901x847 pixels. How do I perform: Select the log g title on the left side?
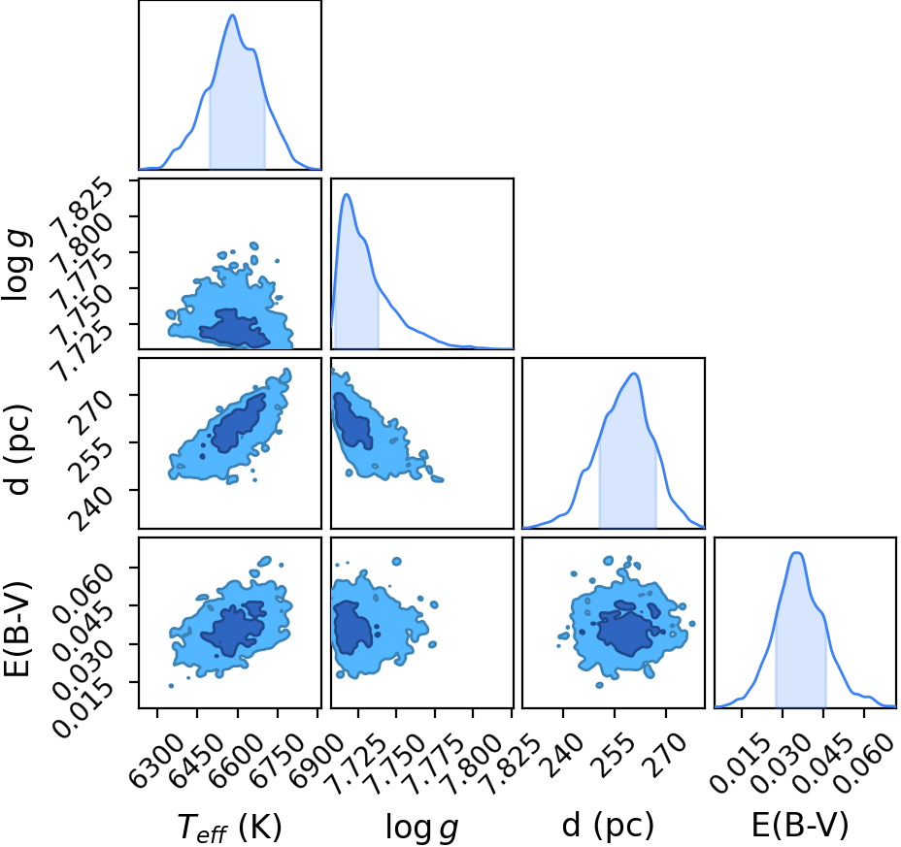coord(17,264)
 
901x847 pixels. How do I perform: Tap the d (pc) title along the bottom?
coord(608,827)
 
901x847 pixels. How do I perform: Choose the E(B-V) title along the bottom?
coord(800,827)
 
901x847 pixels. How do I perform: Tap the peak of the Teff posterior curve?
coord(233,15)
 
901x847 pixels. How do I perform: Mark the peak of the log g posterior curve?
coord(347,194)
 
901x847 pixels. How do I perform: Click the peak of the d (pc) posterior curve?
coord(634,374)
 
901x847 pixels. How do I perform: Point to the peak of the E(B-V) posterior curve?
coord(797,552)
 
